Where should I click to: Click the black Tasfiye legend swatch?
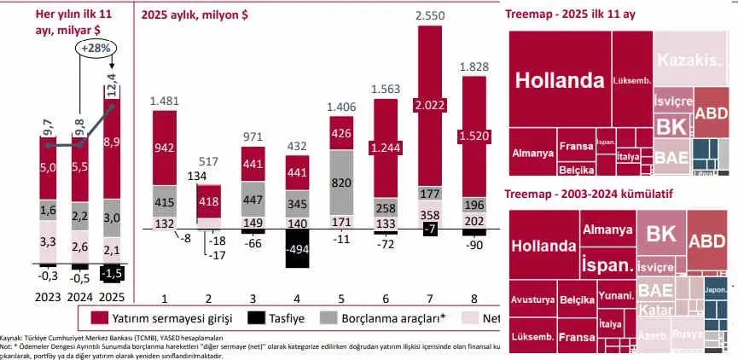click(x=254, y=318)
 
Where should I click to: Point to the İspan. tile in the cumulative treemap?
click(x=607, y=266)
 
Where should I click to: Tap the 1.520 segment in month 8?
click(x=476, y=135)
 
